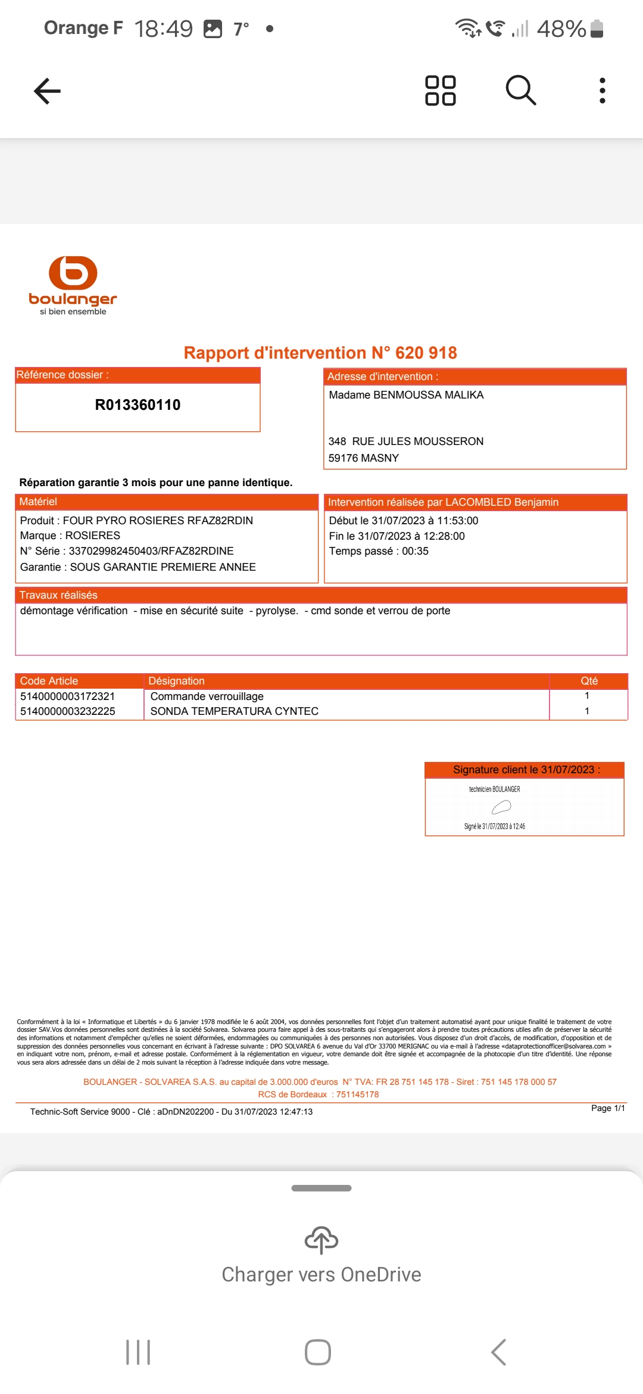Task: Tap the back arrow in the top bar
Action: (x=48, y=91)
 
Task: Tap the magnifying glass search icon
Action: (x=521, y=91)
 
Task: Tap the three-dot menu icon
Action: (x=603, y=91)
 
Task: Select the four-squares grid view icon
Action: (x=441, y=91)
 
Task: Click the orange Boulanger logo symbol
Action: (x=73, y=273)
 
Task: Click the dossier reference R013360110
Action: (x=138, y=405)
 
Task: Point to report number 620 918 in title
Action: (x=426, y=353)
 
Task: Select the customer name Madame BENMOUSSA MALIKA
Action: (x=406, y=395)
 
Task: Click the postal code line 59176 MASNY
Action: (x=364, y=458)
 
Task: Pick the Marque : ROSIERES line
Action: (x=70, y=536)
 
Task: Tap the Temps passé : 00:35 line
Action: (x=379, y=551)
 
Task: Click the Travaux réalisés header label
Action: (x=58, y=595)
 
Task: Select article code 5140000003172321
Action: (x=67, y=696)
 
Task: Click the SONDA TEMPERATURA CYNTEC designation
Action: (x=235, y=711)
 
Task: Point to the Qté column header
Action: (x=589, y=681)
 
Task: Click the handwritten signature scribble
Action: (x=501, y=807)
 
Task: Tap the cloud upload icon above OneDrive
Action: (x=321, y=1240)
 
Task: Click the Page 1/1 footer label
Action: (x=608, y=1108)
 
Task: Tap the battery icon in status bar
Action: (x=597, y=29)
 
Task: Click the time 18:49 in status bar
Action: (x=164, y=29)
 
